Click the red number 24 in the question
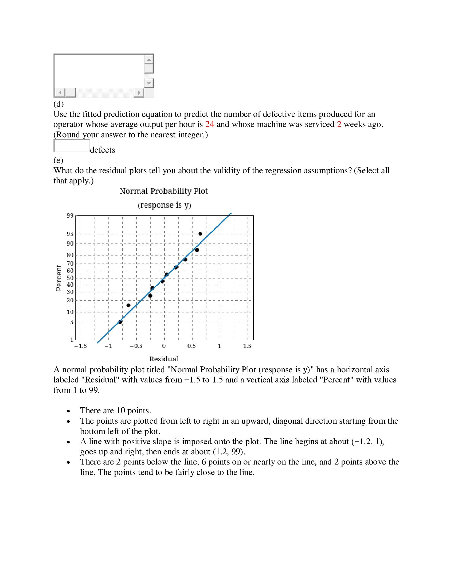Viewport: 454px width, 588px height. click(x=210, y=124)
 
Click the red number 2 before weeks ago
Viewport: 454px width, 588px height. click(x=339, y=124)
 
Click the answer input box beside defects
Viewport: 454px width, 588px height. click(x=72, y=146)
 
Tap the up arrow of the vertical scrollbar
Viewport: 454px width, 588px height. click(x=149, y=59)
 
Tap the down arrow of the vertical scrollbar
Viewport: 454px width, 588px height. click(x=149, y=83)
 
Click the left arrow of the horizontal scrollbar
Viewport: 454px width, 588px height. click(x=60, y=93)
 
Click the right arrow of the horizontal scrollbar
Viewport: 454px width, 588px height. click(x=139, y=93)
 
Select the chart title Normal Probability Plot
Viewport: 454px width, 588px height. click(x=164, y=191)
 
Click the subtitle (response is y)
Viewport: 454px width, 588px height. click(x=164, y=205)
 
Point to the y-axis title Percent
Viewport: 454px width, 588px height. click(x=59, y=278)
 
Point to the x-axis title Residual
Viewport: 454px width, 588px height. click(x=164, y=359)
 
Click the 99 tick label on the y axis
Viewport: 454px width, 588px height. click(x=70, y=215)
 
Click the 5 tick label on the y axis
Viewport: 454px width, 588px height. click(x=72, y=322)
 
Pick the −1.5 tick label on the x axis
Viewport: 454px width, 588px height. click(x=80, y=346)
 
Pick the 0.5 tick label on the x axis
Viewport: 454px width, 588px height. click(x=191, y=346)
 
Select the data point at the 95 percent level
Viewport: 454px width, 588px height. click(x=200, y=234)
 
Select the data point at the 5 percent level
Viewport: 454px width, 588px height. click(x=120, y=322)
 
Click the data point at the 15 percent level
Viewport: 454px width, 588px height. click(x=128, y=305)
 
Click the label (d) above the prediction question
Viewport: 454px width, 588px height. click(x=58, y=104)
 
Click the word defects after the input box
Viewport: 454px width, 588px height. click(x=103, y=150)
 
